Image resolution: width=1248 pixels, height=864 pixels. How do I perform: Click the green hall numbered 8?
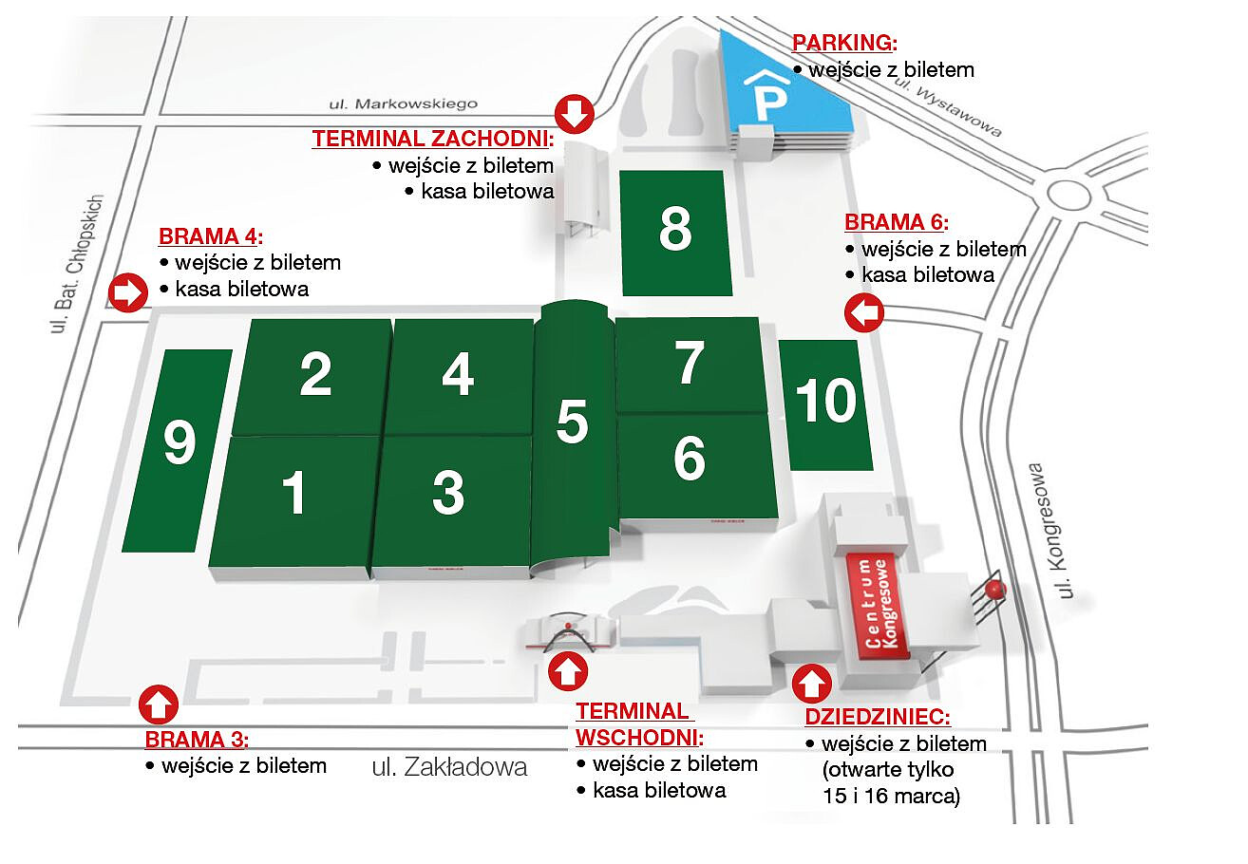pos(675,232)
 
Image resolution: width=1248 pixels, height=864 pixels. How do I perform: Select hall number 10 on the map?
pos(825,403)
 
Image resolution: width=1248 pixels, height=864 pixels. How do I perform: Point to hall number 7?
pos(690,364)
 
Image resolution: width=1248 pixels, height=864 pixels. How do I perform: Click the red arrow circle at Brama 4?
pos(126,292)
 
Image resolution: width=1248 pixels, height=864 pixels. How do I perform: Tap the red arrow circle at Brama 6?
pos(864,313)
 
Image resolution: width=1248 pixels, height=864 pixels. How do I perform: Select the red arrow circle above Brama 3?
pos(159,705)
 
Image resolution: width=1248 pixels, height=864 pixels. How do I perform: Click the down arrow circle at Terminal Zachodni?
pos(574,114)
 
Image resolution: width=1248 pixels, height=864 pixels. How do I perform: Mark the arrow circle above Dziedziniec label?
pos(811,683)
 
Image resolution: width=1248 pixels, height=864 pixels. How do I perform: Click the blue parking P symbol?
pos(766,94)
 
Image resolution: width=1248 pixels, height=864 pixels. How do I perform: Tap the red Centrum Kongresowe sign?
pos(879,605)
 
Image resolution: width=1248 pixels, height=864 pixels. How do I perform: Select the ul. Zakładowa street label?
pos(450,767)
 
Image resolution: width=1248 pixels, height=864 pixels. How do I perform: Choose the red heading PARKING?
pos(844,43)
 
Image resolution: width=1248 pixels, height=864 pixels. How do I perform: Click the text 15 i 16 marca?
pos(891,797)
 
